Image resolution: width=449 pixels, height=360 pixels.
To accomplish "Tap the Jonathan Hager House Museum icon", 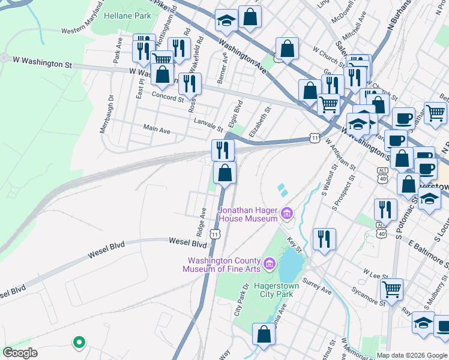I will point(287,214).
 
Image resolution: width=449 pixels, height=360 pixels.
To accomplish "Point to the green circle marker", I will point(78,343).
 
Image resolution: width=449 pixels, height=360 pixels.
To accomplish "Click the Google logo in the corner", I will point(20,353).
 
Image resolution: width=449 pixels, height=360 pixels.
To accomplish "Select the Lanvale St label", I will point(208,127).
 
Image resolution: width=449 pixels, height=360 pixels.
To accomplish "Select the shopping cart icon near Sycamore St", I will point(392,289).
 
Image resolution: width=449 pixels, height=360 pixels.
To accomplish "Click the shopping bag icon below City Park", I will point(264,334).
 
